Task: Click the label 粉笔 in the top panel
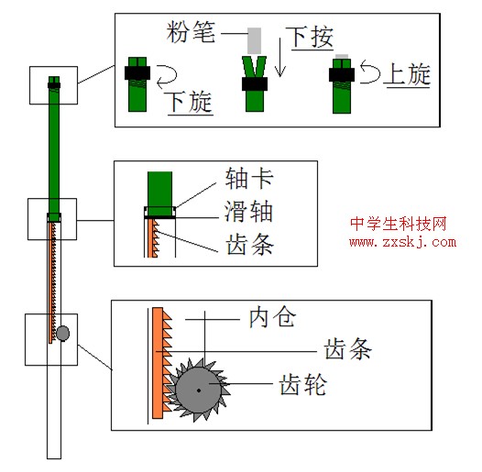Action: coord(191,32)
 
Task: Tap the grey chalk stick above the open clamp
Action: coord(254,41)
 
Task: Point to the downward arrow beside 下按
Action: coord(280,57)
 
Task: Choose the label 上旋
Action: coord(408,74)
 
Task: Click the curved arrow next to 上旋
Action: coord(370,72)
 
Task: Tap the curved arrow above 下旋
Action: coord(167,76)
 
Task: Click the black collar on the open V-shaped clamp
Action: coord(255,84)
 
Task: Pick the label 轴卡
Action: coord(249,178)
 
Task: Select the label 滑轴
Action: coord(248,211)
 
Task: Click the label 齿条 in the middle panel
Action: coord(249,244)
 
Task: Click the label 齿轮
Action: coord(302,384)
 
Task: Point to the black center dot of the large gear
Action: coord(199,390)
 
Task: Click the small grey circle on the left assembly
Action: coord(62,334)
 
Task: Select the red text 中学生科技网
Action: coord(398,224)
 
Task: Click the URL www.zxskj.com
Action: coord(402,242)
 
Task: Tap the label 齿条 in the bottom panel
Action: coord(348,349)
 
